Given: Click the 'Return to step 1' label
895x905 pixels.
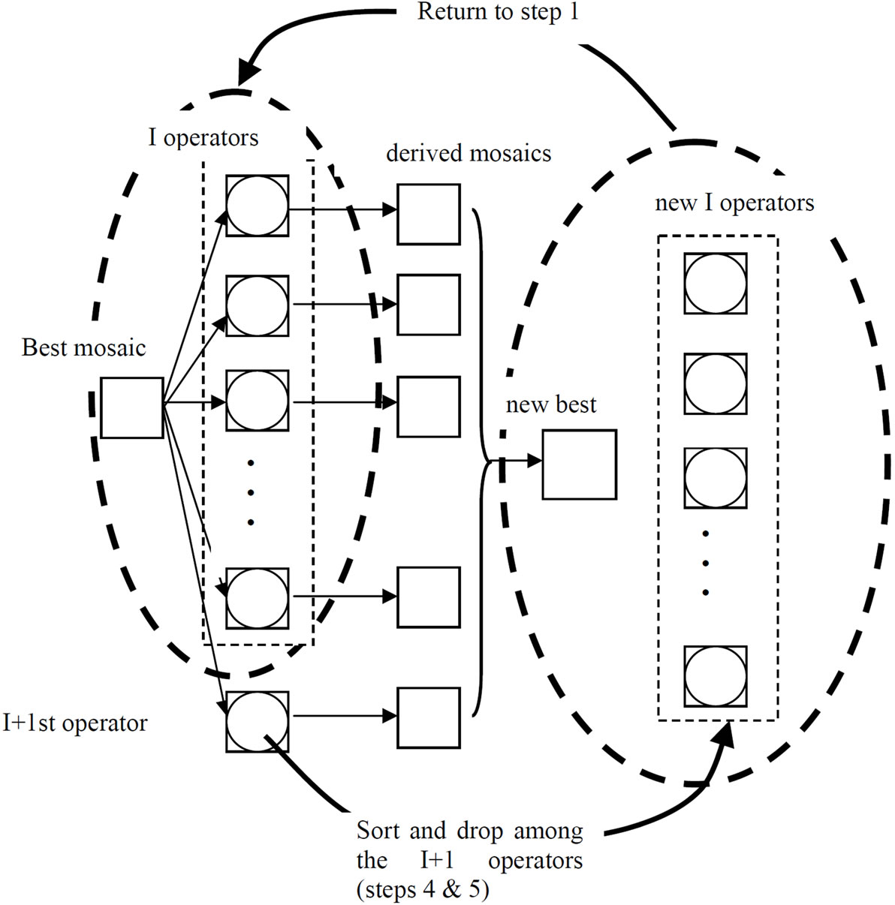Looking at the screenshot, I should pyautogui.click(x=498, y=13).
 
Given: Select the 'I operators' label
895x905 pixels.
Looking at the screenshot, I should pyautogui.click(x=203, y=138).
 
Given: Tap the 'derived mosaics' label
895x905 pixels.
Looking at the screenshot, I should pyautogui.click(x=469, y=153).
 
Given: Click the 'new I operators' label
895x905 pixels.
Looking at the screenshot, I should pyautogui.click(x=734, y=203).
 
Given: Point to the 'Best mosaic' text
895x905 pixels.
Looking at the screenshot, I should pyautogui.click(x=83, y=347).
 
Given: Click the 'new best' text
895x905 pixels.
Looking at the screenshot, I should pyautogui.click(x=551, y=405).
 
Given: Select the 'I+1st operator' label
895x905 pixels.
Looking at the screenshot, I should pyautogui.click(x=74, y=723).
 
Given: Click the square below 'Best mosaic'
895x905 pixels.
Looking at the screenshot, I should pyautogui.click(x=132, y=408).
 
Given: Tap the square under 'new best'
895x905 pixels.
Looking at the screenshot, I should pyautogui.click(x=580, y=465).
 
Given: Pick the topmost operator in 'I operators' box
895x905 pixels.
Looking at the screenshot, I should pyautogui.click(x=257, y=206).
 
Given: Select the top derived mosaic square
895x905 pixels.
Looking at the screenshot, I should pyautogui.click(x=428, y=214).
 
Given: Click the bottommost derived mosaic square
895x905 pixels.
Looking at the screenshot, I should pyautogui.click(x=428, y=718).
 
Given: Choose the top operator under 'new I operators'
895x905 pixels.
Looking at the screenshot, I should pyautogui.click(x=716, y=284).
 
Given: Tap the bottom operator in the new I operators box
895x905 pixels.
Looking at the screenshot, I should pyautogui.click(x=716, y=677).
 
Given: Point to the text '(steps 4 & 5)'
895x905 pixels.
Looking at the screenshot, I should pyautogui.click(x=423, y=890).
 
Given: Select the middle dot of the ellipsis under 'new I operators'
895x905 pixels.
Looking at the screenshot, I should pyautogui.click(x=706, y=563).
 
